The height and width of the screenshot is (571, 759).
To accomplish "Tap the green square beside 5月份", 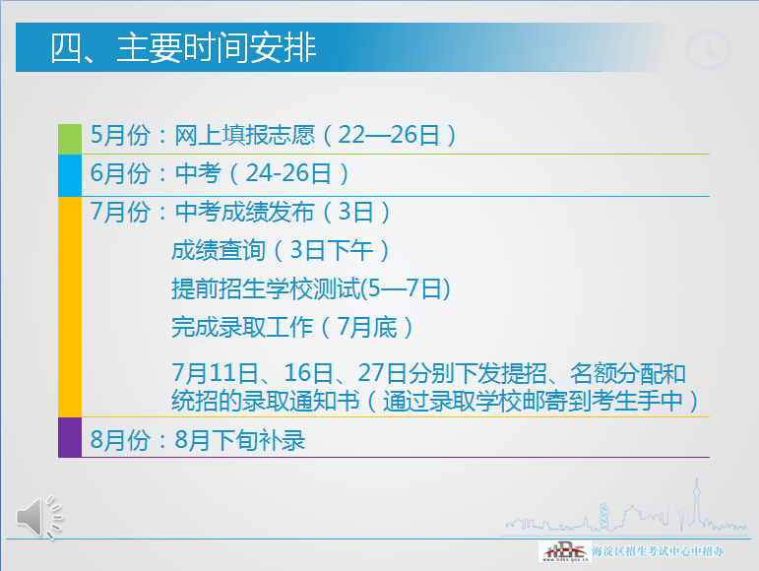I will (70, 139).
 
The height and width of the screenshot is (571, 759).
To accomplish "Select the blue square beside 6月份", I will (70, 175).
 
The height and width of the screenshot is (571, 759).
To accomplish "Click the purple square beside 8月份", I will (70, 437).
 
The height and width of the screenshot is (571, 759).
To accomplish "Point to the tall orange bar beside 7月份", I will (70, 306).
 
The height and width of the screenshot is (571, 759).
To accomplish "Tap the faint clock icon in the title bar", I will (707, 49).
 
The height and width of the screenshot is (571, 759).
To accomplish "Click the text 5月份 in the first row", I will (116, 136).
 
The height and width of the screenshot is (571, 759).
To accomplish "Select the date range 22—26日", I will (389, 136).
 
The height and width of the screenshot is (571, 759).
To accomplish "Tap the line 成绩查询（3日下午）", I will (281, 250).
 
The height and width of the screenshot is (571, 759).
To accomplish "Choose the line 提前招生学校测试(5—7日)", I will (310, 288).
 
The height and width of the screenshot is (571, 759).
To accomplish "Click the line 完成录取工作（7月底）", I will (292, 326).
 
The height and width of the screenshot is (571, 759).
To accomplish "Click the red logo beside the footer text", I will (564, 551).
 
